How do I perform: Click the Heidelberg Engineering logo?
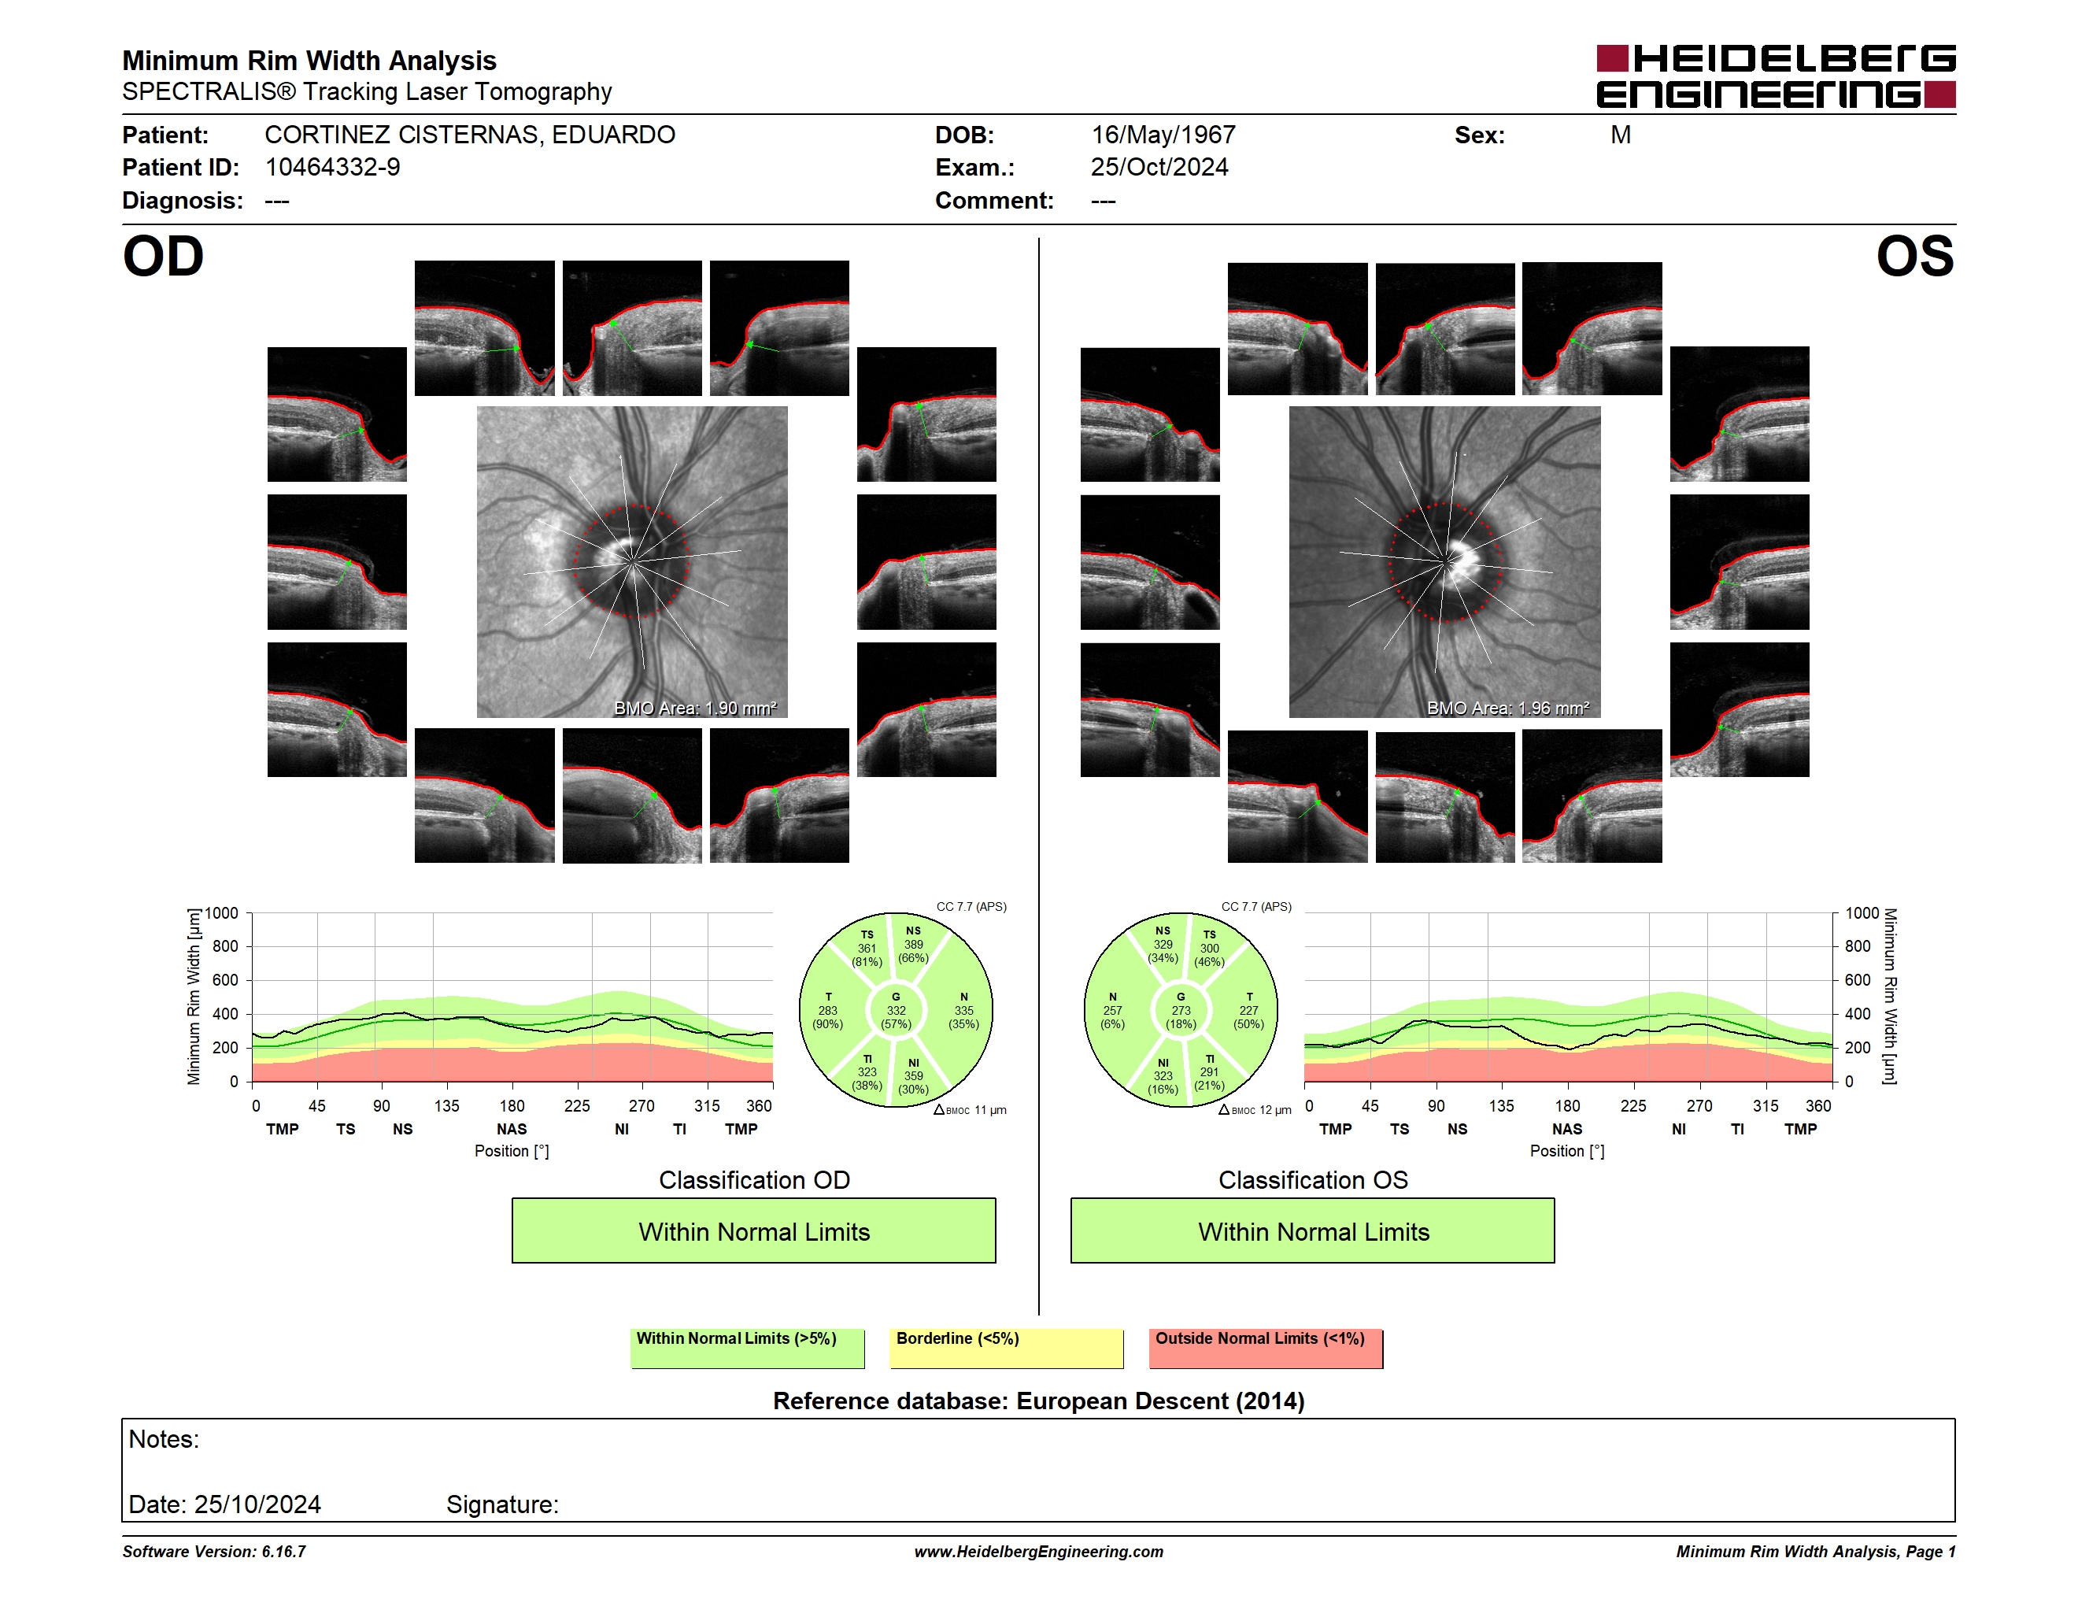[x=1776, y=76]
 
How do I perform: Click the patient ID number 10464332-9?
[x=332, y=168]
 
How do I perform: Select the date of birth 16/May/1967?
[x=1163, y=135]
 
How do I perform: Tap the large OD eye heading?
[x=164, y=257]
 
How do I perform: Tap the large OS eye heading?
[x=1914, y=257]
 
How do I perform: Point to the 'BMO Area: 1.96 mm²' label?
[x=1507, y=708]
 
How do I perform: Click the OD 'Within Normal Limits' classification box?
[x=753, y=1231]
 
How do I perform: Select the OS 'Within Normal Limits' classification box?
[x=1313, y=1231]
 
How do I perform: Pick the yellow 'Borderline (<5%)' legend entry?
[x=1007, y=1348]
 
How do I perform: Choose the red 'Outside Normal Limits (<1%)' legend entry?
[x=1266, y=1348]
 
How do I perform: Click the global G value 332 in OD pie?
[x=897, y=1010]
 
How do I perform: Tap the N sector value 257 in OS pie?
[x=1112, y=1010]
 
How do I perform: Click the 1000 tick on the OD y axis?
[x=222, y=913]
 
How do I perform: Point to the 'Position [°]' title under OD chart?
[x=512, y=1151]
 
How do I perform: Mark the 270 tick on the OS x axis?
[x=1699, y=1105]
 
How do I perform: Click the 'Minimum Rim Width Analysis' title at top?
[x=309, y=61]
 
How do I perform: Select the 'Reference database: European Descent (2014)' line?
[x=1038, y=1401]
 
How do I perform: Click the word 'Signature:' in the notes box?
[x=502, y=1504]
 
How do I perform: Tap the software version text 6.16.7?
[x=283, y=1552]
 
